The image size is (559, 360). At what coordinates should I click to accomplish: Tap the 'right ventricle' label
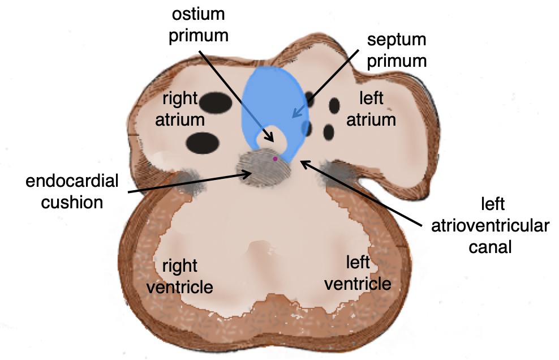click(179, 276)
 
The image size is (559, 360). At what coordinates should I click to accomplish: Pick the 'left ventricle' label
click(358, 272)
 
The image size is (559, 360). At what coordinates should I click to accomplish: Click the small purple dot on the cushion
click(276, 159)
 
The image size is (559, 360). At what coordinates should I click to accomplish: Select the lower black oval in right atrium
click(203, 142)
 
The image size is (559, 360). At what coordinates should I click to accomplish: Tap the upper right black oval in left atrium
click(334, 105)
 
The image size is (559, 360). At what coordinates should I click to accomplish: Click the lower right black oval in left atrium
click(329, 131)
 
